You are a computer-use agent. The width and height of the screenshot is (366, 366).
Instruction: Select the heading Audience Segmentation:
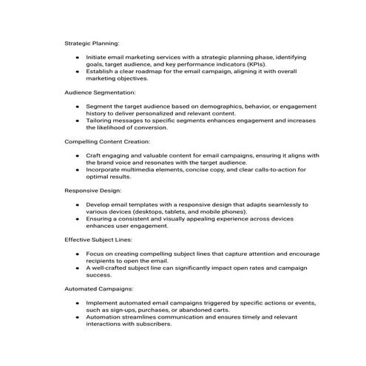[100, 92]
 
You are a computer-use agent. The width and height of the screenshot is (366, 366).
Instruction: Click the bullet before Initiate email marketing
[78, 57]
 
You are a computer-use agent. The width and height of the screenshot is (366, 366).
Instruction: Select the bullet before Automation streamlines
[78, 316]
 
